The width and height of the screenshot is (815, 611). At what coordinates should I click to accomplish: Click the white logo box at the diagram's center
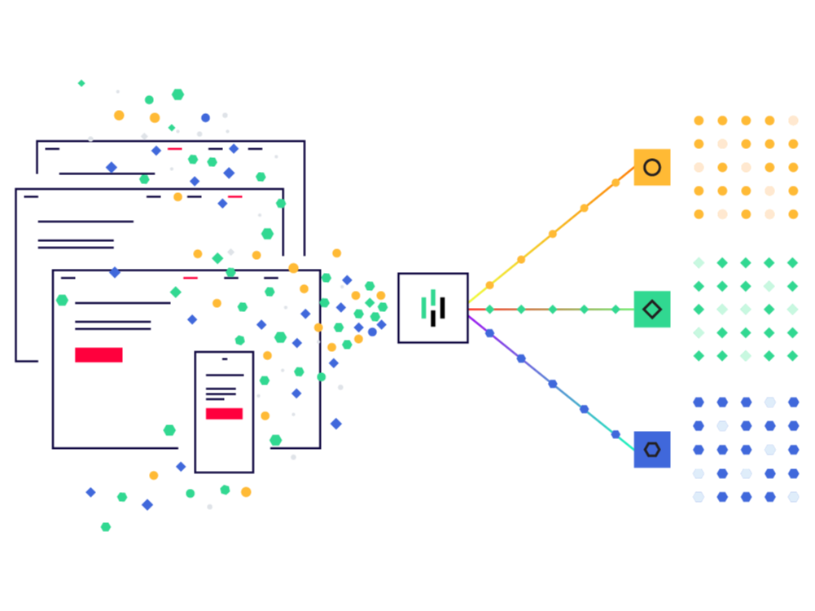point(432,308)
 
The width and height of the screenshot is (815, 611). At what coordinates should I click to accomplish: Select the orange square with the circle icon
point(651,168)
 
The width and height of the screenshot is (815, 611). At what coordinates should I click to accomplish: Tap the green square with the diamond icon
point(651,309)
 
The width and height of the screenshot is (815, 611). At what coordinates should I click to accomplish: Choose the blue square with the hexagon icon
point(651,450)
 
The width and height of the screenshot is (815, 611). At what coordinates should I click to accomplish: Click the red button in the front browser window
point(99,355)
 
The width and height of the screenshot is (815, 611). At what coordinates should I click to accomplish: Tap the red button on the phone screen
point(224,414)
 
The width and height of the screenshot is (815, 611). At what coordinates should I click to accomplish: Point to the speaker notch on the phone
point(225,358)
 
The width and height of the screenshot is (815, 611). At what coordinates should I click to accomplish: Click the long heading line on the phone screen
point(224,375)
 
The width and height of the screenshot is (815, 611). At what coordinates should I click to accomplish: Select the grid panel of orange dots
point(745,167)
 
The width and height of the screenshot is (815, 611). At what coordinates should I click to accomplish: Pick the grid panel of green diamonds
point(745,309)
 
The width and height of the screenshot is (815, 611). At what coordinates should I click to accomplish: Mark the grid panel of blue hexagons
point(745,450)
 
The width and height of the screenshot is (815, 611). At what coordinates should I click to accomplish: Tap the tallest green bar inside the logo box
point(433,298)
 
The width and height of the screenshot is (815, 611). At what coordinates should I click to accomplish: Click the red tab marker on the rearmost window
point(174,149)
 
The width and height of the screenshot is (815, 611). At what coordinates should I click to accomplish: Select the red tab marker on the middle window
point(234,196)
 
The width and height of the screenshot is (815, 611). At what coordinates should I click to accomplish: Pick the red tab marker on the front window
point(190,278)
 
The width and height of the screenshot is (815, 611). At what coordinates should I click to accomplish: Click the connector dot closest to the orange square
point(616,182)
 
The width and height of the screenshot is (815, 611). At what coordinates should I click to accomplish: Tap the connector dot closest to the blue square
point(616,434)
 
